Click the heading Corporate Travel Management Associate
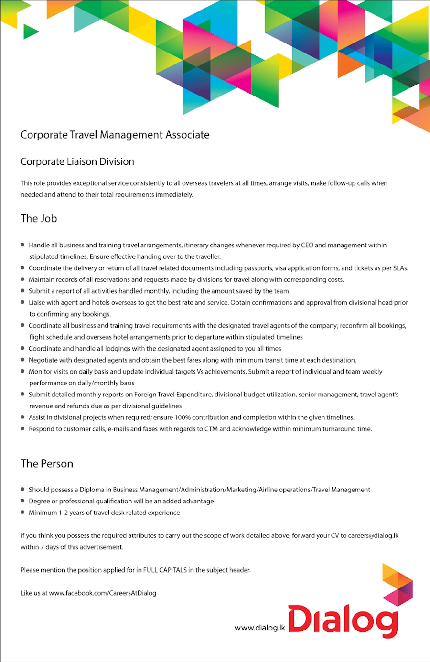(x=115, y=135)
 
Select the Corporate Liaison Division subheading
(x=77, y=161)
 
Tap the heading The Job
(x=39, y=218)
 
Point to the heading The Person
(x=47, y=463)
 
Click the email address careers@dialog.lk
(x=373, y=535)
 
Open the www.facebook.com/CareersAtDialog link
(x=102, y=593)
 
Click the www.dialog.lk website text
(x=259, y=628)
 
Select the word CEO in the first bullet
(x=307, y=245)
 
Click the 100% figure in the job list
(x=183, y=417)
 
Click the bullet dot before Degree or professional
(x=22, y=501)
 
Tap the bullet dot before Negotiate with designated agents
(x=22, y=360)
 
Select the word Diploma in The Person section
(x=92, y=490)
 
